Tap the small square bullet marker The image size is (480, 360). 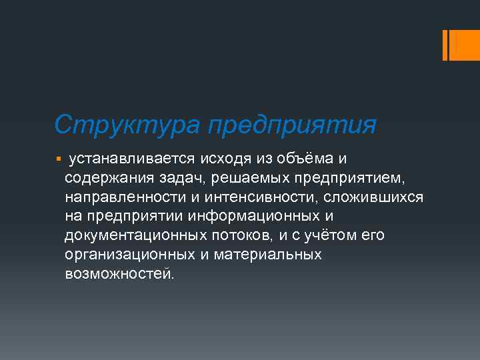59,159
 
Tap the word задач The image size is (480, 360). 182,178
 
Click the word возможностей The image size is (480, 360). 119,274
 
